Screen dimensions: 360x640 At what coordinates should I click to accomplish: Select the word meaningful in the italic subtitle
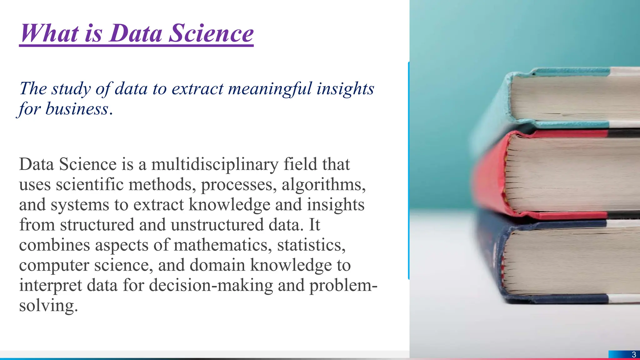[270, 88]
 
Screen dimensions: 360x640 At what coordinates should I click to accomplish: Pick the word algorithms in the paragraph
[323, 184]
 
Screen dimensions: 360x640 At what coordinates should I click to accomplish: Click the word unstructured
[217, 225]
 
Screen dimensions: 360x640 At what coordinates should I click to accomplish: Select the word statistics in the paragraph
[311, 245]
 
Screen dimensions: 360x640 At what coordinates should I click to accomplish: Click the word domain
[217, 265]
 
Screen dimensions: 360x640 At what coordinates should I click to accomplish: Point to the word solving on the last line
[48, 305]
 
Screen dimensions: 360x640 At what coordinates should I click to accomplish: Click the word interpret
[50, 285]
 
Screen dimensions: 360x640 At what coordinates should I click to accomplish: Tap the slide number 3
[634, 355]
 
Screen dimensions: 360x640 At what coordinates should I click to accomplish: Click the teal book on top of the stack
[562, 97]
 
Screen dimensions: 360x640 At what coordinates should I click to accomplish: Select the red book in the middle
[556, 175]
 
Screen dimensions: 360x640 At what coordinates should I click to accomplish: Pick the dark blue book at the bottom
[556, 262]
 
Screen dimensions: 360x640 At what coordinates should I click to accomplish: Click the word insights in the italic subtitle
[345, 88]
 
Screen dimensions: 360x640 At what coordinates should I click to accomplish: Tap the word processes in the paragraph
[238, 184]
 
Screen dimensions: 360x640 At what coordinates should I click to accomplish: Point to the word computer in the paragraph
[54, 265]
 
